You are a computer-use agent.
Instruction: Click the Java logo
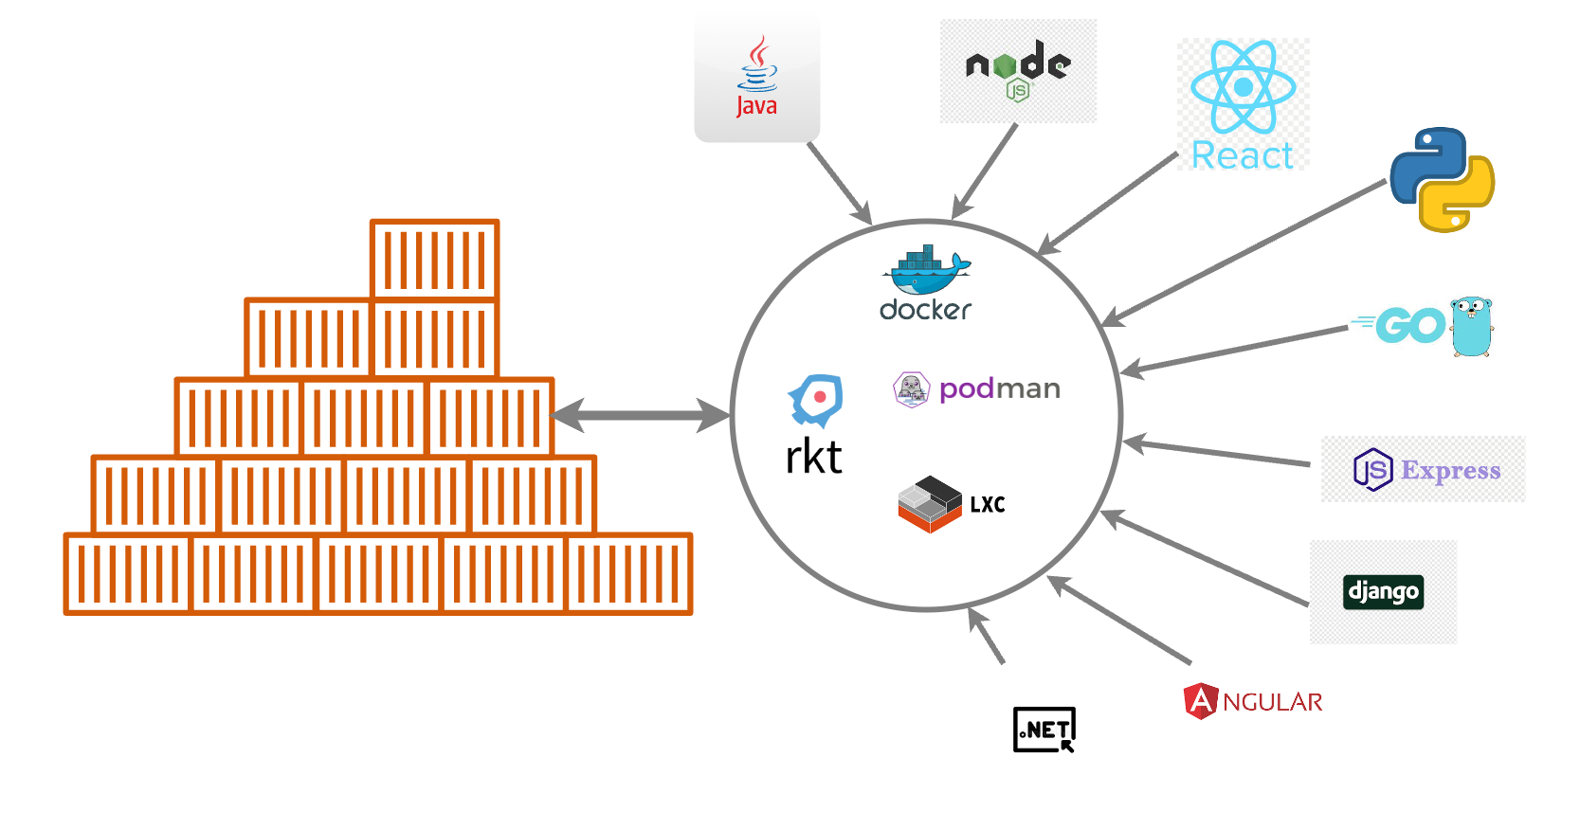coord(757,78)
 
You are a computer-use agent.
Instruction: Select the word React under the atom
coord(1242,155)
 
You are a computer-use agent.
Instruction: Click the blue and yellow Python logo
coord(1442,180)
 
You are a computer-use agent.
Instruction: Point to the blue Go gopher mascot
coord(1472,326)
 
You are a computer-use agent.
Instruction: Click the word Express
coord(1450,470)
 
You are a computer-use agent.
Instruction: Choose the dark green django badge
coord(1383,592)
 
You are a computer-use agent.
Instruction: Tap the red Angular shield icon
coord(1200,701)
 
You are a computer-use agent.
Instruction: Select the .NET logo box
coord(1044,730)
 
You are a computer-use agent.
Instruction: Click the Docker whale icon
coord(925,271)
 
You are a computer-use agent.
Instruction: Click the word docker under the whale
coord(925,310)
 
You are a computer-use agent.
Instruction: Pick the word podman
coord(999,388)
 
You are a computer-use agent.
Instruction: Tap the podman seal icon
coord(911,388)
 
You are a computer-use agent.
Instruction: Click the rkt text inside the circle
coord(813,458)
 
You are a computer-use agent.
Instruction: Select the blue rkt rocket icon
coord(816,399)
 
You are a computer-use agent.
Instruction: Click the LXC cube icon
coord(929,504)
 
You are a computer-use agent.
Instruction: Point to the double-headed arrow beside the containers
coord(641,415)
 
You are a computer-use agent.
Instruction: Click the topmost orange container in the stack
coord(434,259)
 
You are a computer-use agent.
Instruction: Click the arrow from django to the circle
coord(1204,558)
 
